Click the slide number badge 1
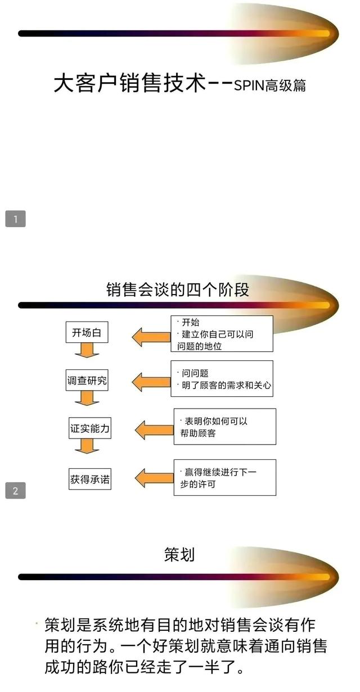point(15,219)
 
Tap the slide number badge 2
point(15,490)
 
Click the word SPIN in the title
point(249,85)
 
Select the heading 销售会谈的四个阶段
point(178,290)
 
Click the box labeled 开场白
point(87,332)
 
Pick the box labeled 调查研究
point(87,380)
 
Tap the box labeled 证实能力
point(90,428)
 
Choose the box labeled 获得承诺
point(90,479)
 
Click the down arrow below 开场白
point(87,350)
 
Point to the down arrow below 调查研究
point(87,398)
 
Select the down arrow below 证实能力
point(87,446)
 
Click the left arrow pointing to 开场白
point(151,337)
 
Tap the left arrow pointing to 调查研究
point(151,382)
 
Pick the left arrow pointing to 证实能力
point(154,429)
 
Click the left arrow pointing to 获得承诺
point(154,478)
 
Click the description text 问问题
point(195,373)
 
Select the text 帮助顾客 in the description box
point(198,433)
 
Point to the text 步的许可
point(198,484)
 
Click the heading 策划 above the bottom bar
point(179,554)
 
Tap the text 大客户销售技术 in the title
point(130,83)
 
